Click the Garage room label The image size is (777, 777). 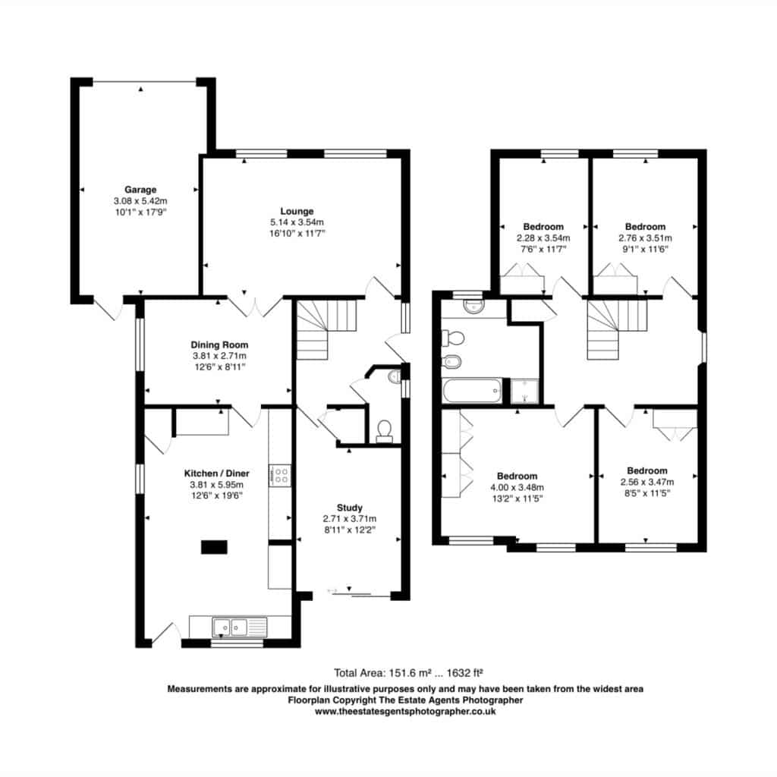140,190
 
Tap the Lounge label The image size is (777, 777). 297,211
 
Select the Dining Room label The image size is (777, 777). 219,345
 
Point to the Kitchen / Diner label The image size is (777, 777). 216,473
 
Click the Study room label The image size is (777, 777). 349,508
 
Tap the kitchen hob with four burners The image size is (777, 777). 280,476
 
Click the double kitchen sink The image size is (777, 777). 239,628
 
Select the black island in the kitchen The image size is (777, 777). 214,547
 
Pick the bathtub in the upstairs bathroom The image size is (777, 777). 472,391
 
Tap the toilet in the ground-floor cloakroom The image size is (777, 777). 384,432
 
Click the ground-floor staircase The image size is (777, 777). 326,329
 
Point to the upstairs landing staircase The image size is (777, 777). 617,329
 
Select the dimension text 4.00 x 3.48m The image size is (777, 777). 517,488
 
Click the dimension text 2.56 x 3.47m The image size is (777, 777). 647,482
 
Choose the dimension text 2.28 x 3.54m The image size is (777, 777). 543,238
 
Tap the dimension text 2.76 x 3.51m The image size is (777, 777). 645,238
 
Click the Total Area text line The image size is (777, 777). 408,673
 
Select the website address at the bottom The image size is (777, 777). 405,712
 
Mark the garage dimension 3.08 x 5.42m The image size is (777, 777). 140,201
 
